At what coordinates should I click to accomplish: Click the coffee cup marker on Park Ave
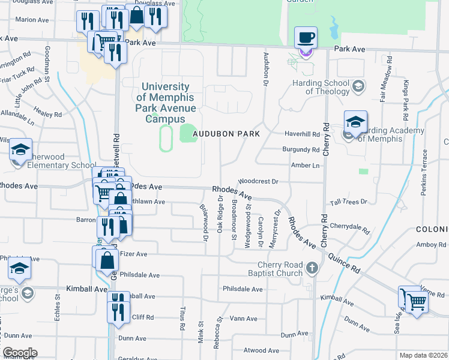click(x=306, y=38)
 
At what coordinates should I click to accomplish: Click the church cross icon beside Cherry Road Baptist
click(x=312, y=268)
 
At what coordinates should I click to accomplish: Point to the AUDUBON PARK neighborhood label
click(x=226, y=134)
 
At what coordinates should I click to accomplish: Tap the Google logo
click(x=20, y=353)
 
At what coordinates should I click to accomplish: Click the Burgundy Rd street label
click(x=300, y=149)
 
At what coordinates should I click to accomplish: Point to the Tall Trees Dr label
click(x=348, y=202)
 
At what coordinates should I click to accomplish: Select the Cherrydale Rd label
click(x=349, y=227)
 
